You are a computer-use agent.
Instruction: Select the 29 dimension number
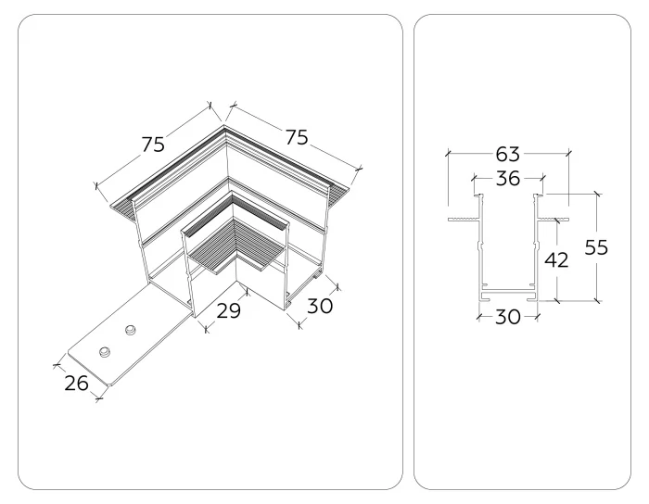(228, 310)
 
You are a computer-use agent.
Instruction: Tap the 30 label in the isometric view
(320, 306)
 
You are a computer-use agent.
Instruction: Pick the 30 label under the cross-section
(506, 317)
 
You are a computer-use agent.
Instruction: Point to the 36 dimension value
(506, 178)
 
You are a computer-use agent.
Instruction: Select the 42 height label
(555, 261)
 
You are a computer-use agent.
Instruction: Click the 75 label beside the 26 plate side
(153, 144)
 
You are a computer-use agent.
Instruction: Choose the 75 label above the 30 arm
(296, 137)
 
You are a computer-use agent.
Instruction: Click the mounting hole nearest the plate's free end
(105, 352)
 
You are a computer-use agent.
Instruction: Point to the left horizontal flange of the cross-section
(461, 220)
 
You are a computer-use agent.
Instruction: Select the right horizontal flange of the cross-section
(553, 220)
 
